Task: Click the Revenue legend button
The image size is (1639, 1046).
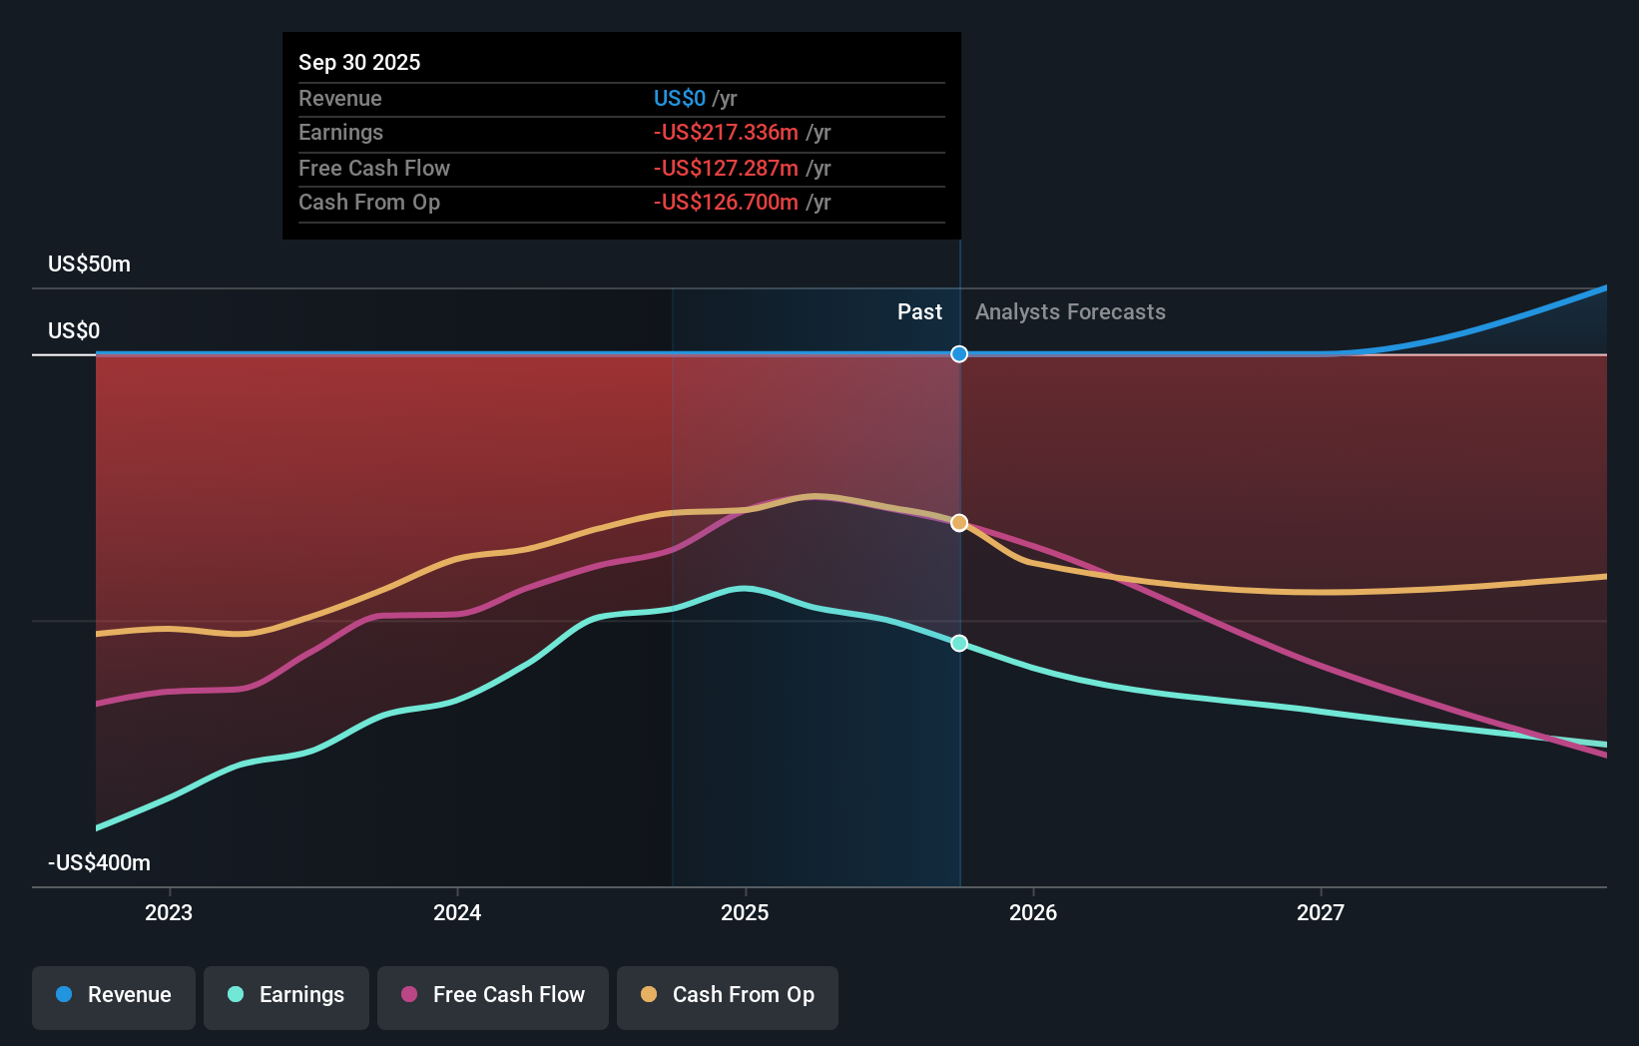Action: pyautogui.click(x=114, y=995)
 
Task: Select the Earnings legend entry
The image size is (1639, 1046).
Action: pyautogui.click(x=286, y=995)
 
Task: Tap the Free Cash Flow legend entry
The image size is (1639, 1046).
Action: pyautogui.click(x=493, y=995)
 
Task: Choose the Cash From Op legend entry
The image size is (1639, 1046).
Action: pyautogui.click(x=728, y=995)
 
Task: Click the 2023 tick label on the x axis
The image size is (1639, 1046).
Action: pyautogui.click(x=169, y=912)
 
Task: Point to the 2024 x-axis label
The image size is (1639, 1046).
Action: pyautogui.click(x=457, y=912)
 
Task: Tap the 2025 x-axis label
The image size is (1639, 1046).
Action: pyautogui.click(x=745, y=912)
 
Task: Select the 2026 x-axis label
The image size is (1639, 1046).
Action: pyautogui.click(x=1033, y=912)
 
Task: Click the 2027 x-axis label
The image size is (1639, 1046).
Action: pyautogui.click(x=1321, y=912)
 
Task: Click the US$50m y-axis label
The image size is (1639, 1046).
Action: pyautogui.click(x=89, y=264)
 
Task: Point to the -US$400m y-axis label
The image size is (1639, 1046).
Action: pyautogui.click(x=99, y=863)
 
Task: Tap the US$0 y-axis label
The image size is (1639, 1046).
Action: pyautogui.click(x=74, y=331)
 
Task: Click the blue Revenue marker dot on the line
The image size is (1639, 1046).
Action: pyautogui.click(x=959, y=354)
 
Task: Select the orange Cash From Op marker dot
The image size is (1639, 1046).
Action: pyautogui.click(x=959, y=523)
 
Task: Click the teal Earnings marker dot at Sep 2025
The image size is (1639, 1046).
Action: pyautogui.click(x=959, y=644)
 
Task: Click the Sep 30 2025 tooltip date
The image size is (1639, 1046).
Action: pyautogui.click(x=359, y=62)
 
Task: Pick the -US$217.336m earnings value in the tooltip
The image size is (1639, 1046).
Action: pyautogui.click(x=726, y=133)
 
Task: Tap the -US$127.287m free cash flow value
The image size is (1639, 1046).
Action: pyautogui.click(x=726, y=168)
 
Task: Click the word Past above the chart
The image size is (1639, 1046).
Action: pyautogui.click(x=919, y=312)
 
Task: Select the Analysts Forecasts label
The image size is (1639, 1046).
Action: pyautogui.click(x=1070, y=312)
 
